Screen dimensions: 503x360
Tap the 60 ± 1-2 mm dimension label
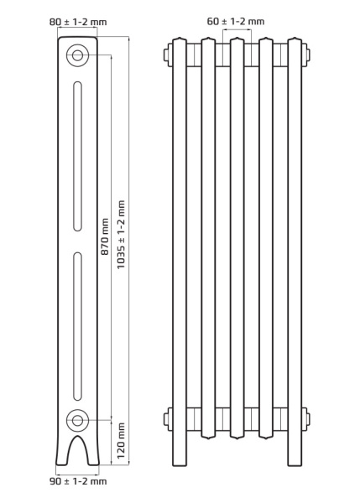(236, 21)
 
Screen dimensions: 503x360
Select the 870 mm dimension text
(105, 236)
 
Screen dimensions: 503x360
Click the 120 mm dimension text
(121, 442)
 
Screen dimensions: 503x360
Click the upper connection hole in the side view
(77, 55)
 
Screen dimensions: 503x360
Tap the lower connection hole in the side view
(77, 419)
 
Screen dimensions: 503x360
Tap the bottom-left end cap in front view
(167, 419)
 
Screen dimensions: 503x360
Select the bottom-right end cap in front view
(307, 419)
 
